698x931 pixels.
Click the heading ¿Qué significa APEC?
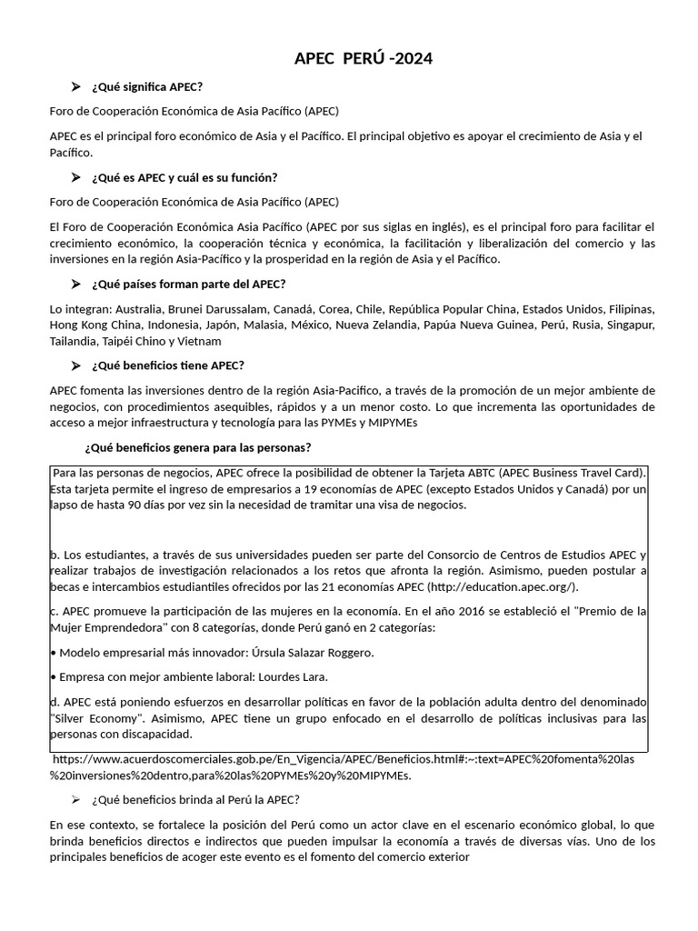[x=147, y=86]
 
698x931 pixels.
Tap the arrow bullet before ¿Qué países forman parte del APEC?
[x=76, y=285]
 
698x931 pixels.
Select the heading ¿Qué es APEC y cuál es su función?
[x=184, y=177]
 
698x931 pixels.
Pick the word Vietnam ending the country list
[x=200, y=342]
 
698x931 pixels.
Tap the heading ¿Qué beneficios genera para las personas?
[x=198, y=447]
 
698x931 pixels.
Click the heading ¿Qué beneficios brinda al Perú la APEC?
[x=195, y=800]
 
